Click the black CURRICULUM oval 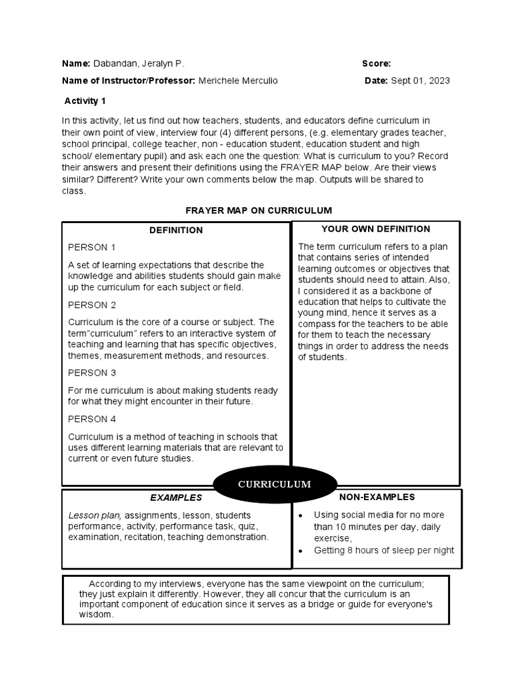pyautogui.click(x=275, y=484)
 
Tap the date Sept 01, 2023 pyautogui.click(x=420, y=81)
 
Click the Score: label pyautogui.click(x=376, y=64)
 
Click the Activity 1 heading pyautogui.click(x=85, y=101)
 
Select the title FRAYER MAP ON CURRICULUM pyautogui.click(x=258, y=210)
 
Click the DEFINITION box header pyautogui.click(x=176, y=230)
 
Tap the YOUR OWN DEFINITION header pyautogui.click(x=375, y=229)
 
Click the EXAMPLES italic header pyautogui.click(x=175, y=498)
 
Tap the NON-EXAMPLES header pyautogui.click(x=377, y=497)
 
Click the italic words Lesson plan pyautogui.click(x=95, y=515)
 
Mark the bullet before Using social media pyautogui.click(x=301, y=516)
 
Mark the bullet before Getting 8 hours pyautogui.click(x=301, y=551)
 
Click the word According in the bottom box pyautogui.click(x=109, y=583)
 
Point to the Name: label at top pyautogui.click(x=76, y=64)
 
